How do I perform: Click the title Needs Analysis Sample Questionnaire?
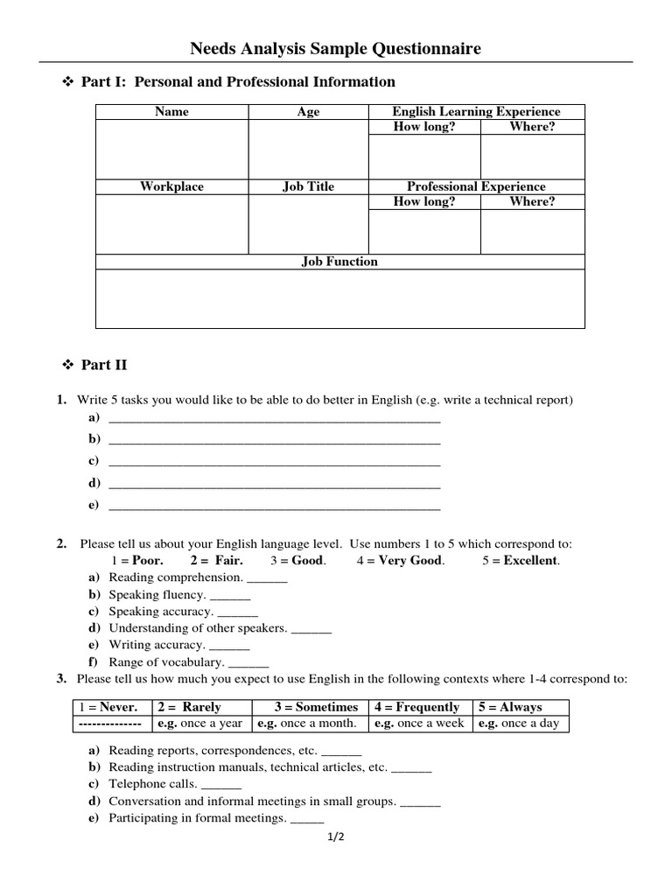(x=336, y=49)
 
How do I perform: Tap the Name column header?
(x=171, y=112)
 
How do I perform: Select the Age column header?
(x=308, y=112)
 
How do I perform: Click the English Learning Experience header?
(x=476, y=112)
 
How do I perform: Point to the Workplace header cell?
(x=171, y=186)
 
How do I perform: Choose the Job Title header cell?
(x=308, y=186)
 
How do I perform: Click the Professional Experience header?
(x=476, y=186)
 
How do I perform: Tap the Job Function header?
(x=339, y=262)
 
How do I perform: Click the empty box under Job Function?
(x=339, y=299)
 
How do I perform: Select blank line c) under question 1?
(x=274, y=461)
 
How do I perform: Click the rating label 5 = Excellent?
(x=521, y=561)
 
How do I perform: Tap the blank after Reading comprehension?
(x=268, y=578)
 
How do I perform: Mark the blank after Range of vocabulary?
(x=248, y=663)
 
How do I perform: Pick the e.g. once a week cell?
(x=418, y=724)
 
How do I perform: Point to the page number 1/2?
(x=337, y=838)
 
